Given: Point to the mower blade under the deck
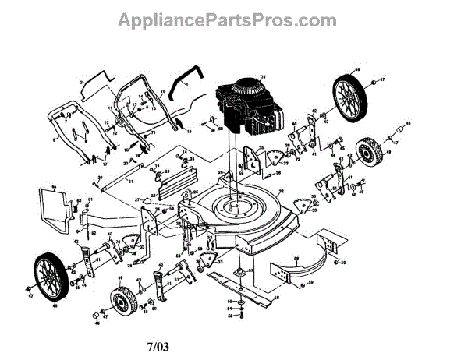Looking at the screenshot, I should (x=238, y=284).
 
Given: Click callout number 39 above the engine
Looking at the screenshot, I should (x=262, y=75).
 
